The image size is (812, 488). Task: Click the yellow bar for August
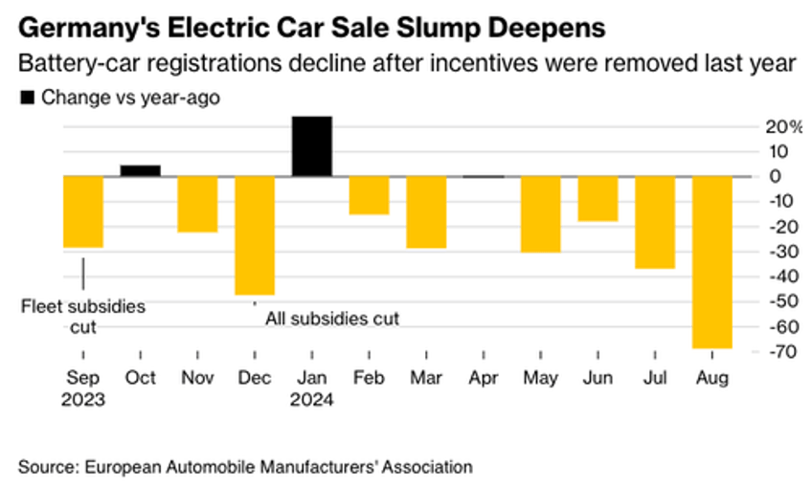pos(712,261)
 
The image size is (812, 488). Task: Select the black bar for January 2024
pos(312,146)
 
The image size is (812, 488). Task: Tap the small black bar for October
pos(140,170)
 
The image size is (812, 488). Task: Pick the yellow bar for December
pos(255,234)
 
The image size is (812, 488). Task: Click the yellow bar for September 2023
pos(83,211)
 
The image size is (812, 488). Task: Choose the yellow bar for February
pos(370,195)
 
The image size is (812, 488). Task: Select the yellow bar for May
pos(541,213)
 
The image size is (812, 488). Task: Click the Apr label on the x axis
pos(484,378)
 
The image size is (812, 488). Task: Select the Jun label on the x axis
pos(598,378)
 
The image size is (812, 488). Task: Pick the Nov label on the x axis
pos(198,378)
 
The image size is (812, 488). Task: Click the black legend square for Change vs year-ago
pos(26,97)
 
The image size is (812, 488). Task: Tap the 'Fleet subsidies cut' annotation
pos(83,317)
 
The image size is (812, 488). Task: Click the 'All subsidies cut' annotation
pos(331,318)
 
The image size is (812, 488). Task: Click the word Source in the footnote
pos(44,466)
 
